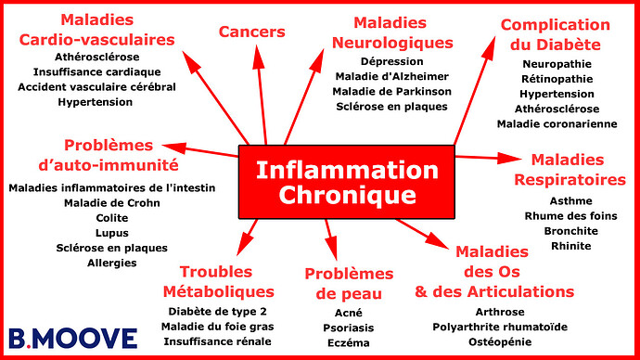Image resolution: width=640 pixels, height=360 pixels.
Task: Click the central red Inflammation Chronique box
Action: coord(346,183)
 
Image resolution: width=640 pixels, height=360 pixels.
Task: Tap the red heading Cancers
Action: coord(251,32)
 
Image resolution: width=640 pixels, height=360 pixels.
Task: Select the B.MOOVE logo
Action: coord(72,338)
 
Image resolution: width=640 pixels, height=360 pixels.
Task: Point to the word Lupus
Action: coord(111,233)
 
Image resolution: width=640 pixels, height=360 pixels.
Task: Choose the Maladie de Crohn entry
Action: coord(111,202)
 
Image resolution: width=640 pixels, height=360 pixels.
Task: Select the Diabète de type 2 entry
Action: coord(214,311)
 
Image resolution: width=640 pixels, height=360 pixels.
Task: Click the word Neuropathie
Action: coord(557,64)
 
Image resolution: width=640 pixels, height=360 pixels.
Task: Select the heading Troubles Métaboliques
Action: coord(214,281)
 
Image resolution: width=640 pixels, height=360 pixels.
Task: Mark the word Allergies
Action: coord(111,263)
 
